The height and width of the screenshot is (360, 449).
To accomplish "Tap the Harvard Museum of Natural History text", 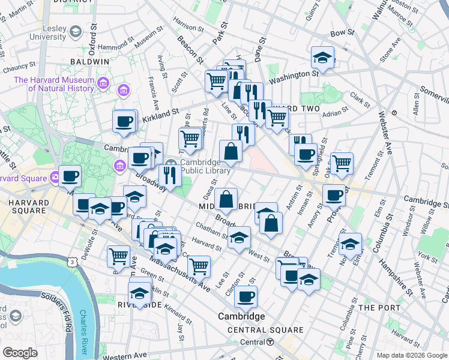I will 54,84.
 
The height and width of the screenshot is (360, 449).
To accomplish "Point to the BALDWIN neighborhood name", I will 89,61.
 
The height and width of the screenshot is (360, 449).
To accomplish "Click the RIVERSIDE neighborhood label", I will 139,305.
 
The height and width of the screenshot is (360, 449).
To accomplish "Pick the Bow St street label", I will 339,32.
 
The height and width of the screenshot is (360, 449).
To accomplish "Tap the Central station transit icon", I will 270,343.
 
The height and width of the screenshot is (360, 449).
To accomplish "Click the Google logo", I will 20,353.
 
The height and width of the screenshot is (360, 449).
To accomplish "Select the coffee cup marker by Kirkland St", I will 124,121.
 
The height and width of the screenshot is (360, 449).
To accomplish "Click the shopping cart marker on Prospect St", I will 341,163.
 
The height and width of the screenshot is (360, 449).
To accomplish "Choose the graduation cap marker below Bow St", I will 322,58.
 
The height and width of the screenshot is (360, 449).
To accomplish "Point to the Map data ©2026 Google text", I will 411,355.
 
